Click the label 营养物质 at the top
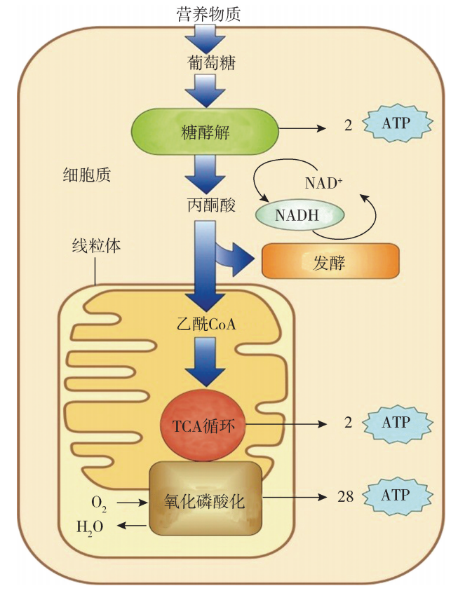209,13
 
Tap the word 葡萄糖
211,63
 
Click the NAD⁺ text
323,184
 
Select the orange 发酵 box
330,262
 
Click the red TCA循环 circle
203,424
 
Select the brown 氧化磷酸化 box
204,498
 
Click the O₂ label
99,503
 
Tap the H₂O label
90,525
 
